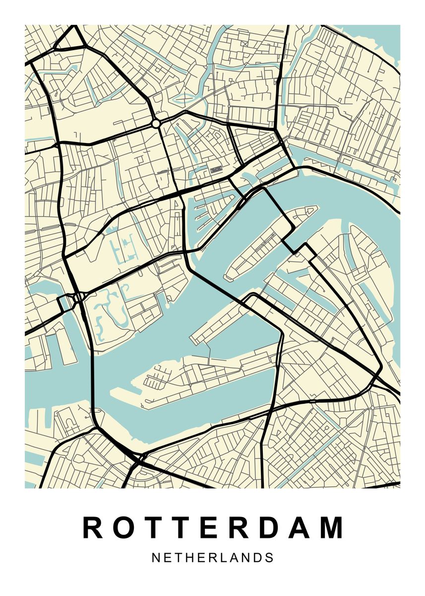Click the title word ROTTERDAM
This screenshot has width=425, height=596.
pyautogui.click(x=213, y=528)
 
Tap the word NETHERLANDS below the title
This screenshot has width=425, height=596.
pyautogui.click(x=213, y=558)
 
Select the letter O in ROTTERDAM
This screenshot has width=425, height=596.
pyautogui.click(x=122, y=528)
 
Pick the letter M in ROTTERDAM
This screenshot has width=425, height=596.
pyautogui.click(x=332, y=528)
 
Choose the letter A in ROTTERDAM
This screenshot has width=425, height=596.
pyautogui.click(x=301, y=528)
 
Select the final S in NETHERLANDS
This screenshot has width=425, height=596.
pyautogui.click(x=269, y=558)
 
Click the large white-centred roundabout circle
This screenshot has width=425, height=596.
pyautogui.click(x=156, y=123)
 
